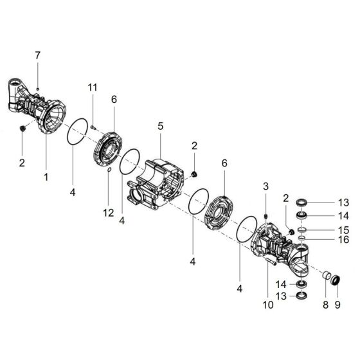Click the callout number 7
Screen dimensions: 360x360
[38, 56]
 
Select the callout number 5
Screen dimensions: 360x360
[159, 127]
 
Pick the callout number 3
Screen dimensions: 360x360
[265, 186]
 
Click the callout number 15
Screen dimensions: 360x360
[343, 230]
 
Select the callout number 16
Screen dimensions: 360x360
[343, 240]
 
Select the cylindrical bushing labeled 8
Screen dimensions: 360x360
[325, 278]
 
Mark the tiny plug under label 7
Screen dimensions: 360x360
[38, 87]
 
